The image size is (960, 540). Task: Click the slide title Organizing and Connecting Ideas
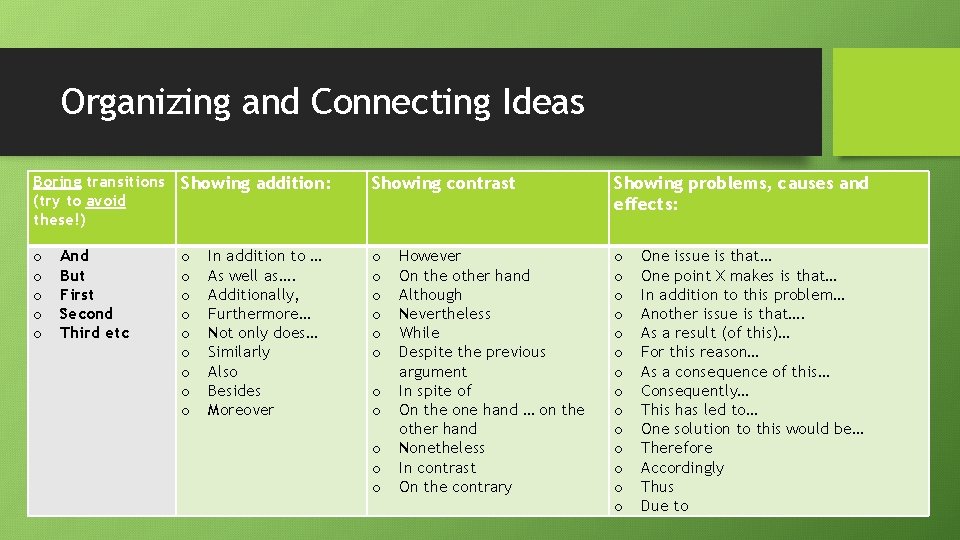[322, 102]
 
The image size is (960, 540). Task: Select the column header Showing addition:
[255, 184]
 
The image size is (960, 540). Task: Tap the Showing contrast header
[443, 184]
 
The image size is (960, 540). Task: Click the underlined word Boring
[57, 182]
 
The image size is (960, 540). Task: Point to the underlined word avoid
[106, 201]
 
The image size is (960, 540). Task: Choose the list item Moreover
[240, 410]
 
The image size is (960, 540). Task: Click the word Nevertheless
[445, 314]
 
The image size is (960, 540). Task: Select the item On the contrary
[455, 487]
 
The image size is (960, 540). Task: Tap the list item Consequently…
[695, 391]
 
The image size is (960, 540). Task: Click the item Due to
[665, 506]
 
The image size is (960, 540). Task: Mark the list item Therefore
[677, 448]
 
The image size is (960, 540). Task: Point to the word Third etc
[95, 333]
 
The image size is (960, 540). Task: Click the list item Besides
[234, 391]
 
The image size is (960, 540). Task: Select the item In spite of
[435, 391]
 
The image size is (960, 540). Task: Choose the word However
[430, 256]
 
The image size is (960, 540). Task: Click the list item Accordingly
[682, 468]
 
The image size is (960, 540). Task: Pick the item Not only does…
[262, 333]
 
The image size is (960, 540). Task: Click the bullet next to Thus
[618, 487]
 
